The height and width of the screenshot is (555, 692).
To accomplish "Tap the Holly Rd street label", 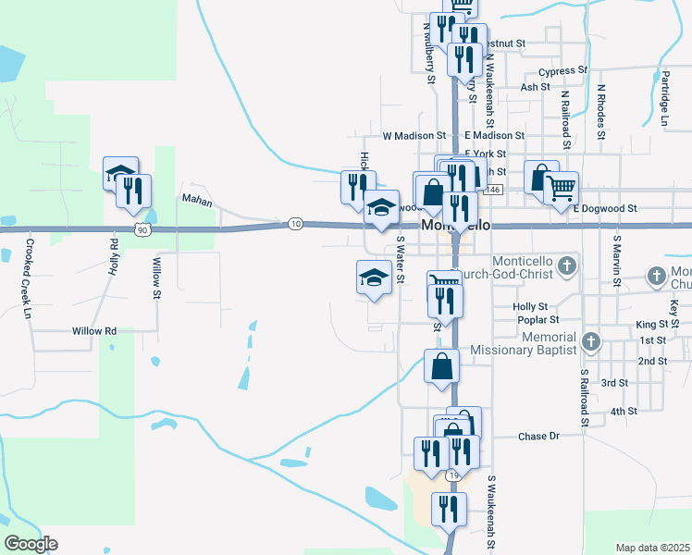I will point(115,258).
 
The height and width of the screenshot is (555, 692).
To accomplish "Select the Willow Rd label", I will point(97,330).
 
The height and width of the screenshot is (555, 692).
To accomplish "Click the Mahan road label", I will point(196,200).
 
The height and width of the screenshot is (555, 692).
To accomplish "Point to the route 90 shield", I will point(141,228).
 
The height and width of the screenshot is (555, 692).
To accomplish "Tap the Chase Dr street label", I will point(539,436).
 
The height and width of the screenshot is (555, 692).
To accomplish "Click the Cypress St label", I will point(562,70).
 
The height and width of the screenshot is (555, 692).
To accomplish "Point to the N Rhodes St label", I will point(600,110).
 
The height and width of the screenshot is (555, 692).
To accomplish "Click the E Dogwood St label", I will point(605,209).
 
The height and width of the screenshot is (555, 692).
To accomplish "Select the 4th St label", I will point(624,411).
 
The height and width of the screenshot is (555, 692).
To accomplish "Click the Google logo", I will point(31,544).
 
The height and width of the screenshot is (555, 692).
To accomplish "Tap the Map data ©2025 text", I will point(652,548).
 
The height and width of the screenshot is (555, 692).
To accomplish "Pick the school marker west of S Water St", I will point(373,277).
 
